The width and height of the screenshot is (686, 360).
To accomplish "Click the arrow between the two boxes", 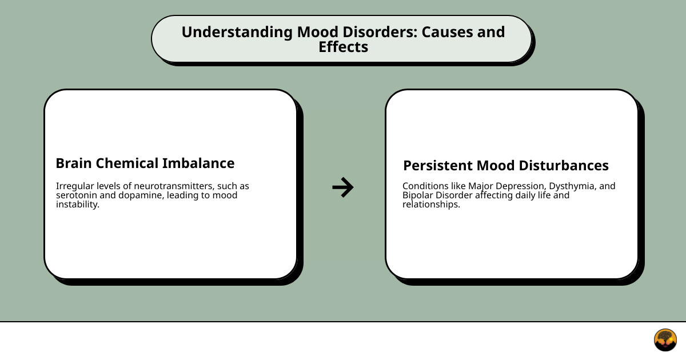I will [342, 187].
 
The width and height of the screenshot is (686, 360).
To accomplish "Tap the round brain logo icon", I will [665, 340].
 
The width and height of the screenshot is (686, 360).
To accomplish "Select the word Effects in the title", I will [343, 47].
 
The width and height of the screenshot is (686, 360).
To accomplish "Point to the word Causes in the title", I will [448, 32].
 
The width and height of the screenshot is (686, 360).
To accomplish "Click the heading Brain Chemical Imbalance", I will [145, 163].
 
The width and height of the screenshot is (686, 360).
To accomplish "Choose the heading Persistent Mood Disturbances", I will [506, 166].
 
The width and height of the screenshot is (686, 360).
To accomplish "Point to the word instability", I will [78, 205].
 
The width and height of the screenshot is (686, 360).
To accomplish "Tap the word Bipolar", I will [417, 195].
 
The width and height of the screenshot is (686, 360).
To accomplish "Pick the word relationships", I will [431, 205].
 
